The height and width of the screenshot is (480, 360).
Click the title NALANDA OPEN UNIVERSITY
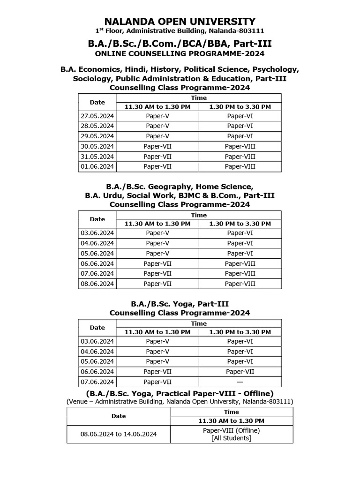click(180, 21)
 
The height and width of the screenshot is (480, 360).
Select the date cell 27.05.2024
click(97, 116)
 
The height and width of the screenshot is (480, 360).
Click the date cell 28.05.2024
click(97, 126)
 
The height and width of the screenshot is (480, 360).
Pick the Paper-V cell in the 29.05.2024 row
click(157, 136)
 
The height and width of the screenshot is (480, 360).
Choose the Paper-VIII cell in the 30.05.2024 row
click(240, 146)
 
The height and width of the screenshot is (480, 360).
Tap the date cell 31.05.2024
click(97, 157)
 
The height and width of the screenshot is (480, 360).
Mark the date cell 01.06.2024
click(97, 166)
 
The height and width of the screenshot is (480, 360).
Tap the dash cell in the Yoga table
click(240, 382)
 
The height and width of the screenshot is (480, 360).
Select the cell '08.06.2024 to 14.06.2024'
click(119, 434)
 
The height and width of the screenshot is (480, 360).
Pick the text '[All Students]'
click(232, 438)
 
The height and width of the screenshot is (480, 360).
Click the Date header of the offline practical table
click(119, 416)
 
